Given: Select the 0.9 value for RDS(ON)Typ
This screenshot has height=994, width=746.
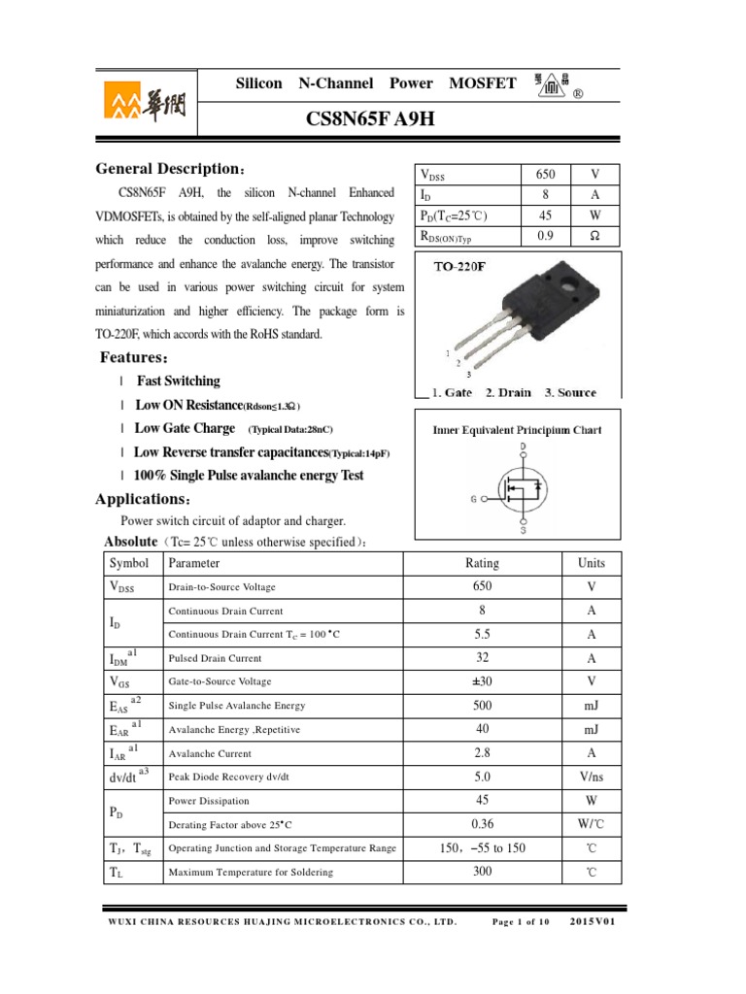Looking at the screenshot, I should pyautogui.click(x=545, y=235).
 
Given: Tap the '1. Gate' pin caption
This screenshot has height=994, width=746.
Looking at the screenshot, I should pyautogui.click(x=452, y=393).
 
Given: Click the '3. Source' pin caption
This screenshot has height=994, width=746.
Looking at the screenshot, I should pyautogui.click(x=570, y=393).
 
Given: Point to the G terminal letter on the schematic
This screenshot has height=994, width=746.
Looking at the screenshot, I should pyautogui.click(x=474, y=499).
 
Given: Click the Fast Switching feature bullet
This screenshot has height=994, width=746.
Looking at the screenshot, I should pyautogui.click(x=178, y=381).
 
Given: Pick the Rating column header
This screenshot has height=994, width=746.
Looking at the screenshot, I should pyautogui.click(x=482, y=563).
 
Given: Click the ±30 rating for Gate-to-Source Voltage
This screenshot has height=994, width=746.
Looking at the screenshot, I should pyautogui.click(x=482, y=681).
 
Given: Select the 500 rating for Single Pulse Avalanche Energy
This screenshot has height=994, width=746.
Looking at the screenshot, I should pyautogui.click(x=482, y=706).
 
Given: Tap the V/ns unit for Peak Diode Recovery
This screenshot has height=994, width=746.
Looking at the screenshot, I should pyautogui.click(x=591, y=778).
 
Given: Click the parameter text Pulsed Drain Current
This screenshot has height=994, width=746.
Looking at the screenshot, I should pyautogui.click(x=215, y=658).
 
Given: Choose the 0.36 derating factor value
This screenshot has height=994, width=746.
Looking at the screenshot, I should pyautogui.click(x=482, y=824).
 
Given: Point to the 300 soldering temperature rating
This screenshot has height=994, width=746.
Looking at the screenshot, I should pyautogui.click(x=482, y=872).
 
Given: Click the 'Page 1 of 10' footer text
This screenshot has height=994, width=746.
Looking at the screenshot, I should pyautogui.click(x=521, y=921).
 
